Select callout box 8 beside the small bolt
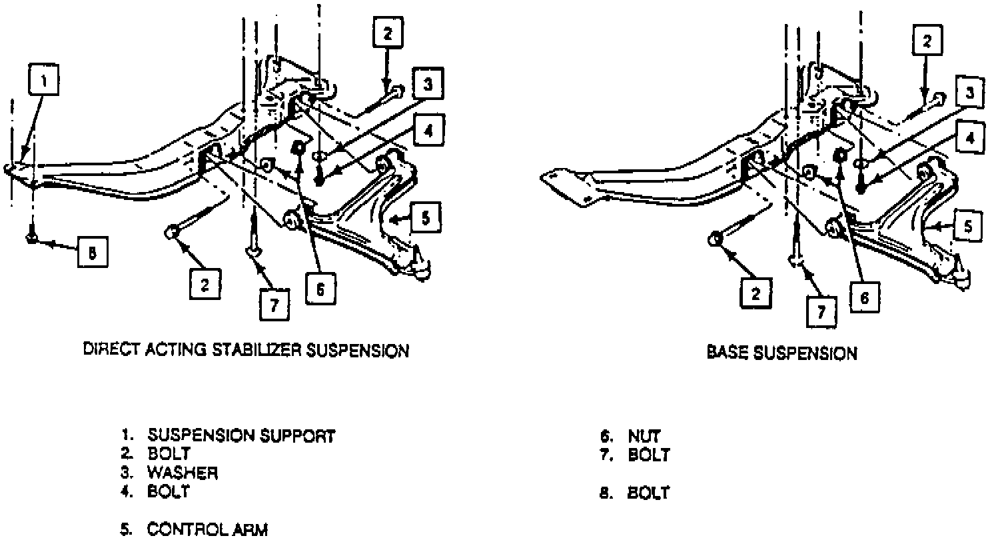click(92, 253)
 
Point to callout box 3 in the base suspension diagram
click(969, 93)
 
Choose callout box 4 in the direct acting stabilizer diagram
click(428, 131)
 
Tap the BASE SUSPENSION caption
click(781, 353)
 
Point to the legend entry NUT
click(644, 437)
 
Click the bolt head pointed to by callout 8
click(32, 237)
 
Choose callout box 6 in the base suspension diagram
click(864, 298)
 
